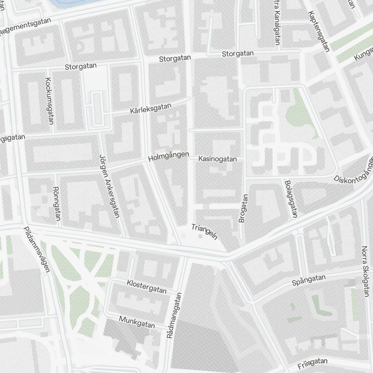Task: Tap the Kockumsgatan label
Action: pos(49,101)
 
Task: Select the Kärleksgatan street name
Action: pos(151,109)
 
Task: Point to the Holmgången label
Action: pos(169,157)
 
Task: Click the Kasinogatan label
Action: pos(218,159)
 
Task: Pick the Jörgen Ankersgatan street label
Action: pos(109,185)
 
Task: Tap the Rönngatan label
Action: pos(57,204)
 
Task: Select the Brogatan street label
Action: pos(243,209)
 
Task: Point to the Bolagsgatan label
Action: pos(291,199)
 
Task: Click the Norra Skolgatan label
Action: pos(365,271)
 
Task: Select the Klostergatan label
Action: pos(147,286)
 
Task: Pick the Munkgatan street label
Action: pos(137,322)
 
